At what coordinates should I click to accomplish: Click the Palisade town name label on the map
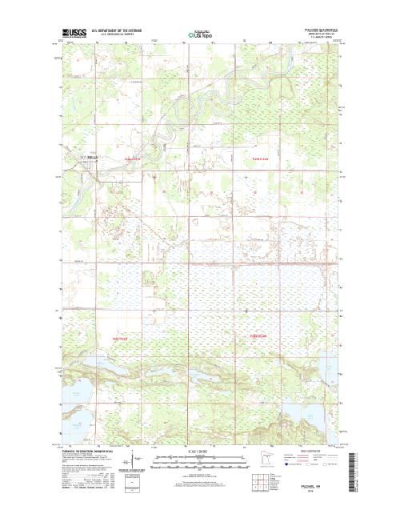pyautogui.click(x=93, y=157)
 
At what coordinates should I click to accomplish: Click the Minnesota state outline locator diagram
pyautogui.click(x=266, y=463)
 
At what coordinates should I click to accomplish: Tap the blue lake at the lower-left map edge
pyautogui.click(x=76, y=416)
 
